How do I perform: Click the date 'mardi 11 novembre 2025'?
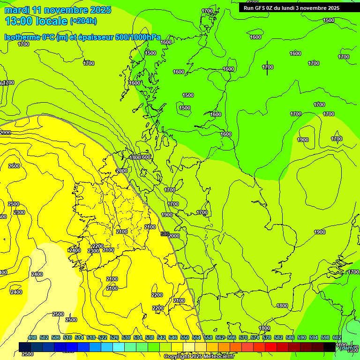pyautogui.click(x=58, y=10)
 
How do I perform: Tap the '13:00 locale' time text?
pyautogui.click(x=36, y=21)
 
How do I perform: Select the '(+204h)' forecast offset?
pyautogui.click(x=83, y=21)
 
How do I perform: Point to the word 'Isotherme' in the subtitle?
pyautogui.click(x=23, y=37)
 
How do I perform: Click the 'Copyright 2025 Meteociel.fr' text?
pyautogui.click(x=199, y=357)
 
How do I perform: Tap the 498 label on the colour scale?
pyautogui.click(x=32, y=337)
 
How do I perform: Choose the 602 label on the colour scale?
pyautogui.click(x=337, y=337)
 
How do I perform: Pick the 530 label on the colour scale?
pyautogui.click(x=126, y=337)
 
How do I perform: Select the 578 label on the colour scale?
pyautogui.click(x=267, y=337)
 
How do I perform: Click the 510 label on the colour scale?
pyautogui.click(x=67, y=337)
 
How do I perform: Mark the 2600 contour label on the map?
pyautogui.click(x=14, y=166)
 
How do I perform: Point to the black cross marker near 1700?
pyautogui.click(x=267, y=67)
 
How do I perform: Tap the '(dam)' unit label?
pyautogui.click(x=347, y=348)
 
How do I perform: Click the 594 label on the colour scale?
pyautogui.click(x=314, y=337)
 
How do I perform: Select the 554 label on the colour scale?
pyautogui.click(x=196, y=337)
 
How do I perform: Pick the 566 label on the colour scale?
pyautogui.click(x=232, y=337)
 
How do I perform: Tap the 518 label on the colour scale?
pyautogui.click(x=91, y=337)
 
